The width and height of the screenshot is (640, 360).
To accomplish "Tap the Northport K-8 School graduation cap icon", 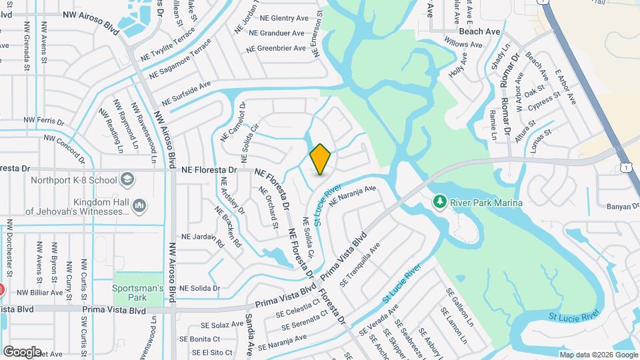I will point(127,179).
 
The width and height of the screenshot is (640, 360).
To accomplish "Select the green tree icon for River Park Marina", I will point(439,202).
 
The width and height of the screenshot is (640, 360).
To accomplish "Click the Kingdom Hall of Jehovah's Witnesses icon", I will point(139,207).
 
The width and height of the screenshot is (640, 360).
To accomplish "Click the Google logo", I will point(22,351).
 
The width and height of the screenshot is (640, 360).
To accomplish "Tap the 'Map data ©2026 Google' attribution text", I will point(598,355).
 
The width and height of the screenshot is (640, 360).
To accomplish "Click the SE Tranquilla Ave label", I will point(360,265).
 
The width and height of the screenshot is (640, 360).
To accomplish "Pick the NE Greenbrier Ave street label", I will point(281,47).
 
